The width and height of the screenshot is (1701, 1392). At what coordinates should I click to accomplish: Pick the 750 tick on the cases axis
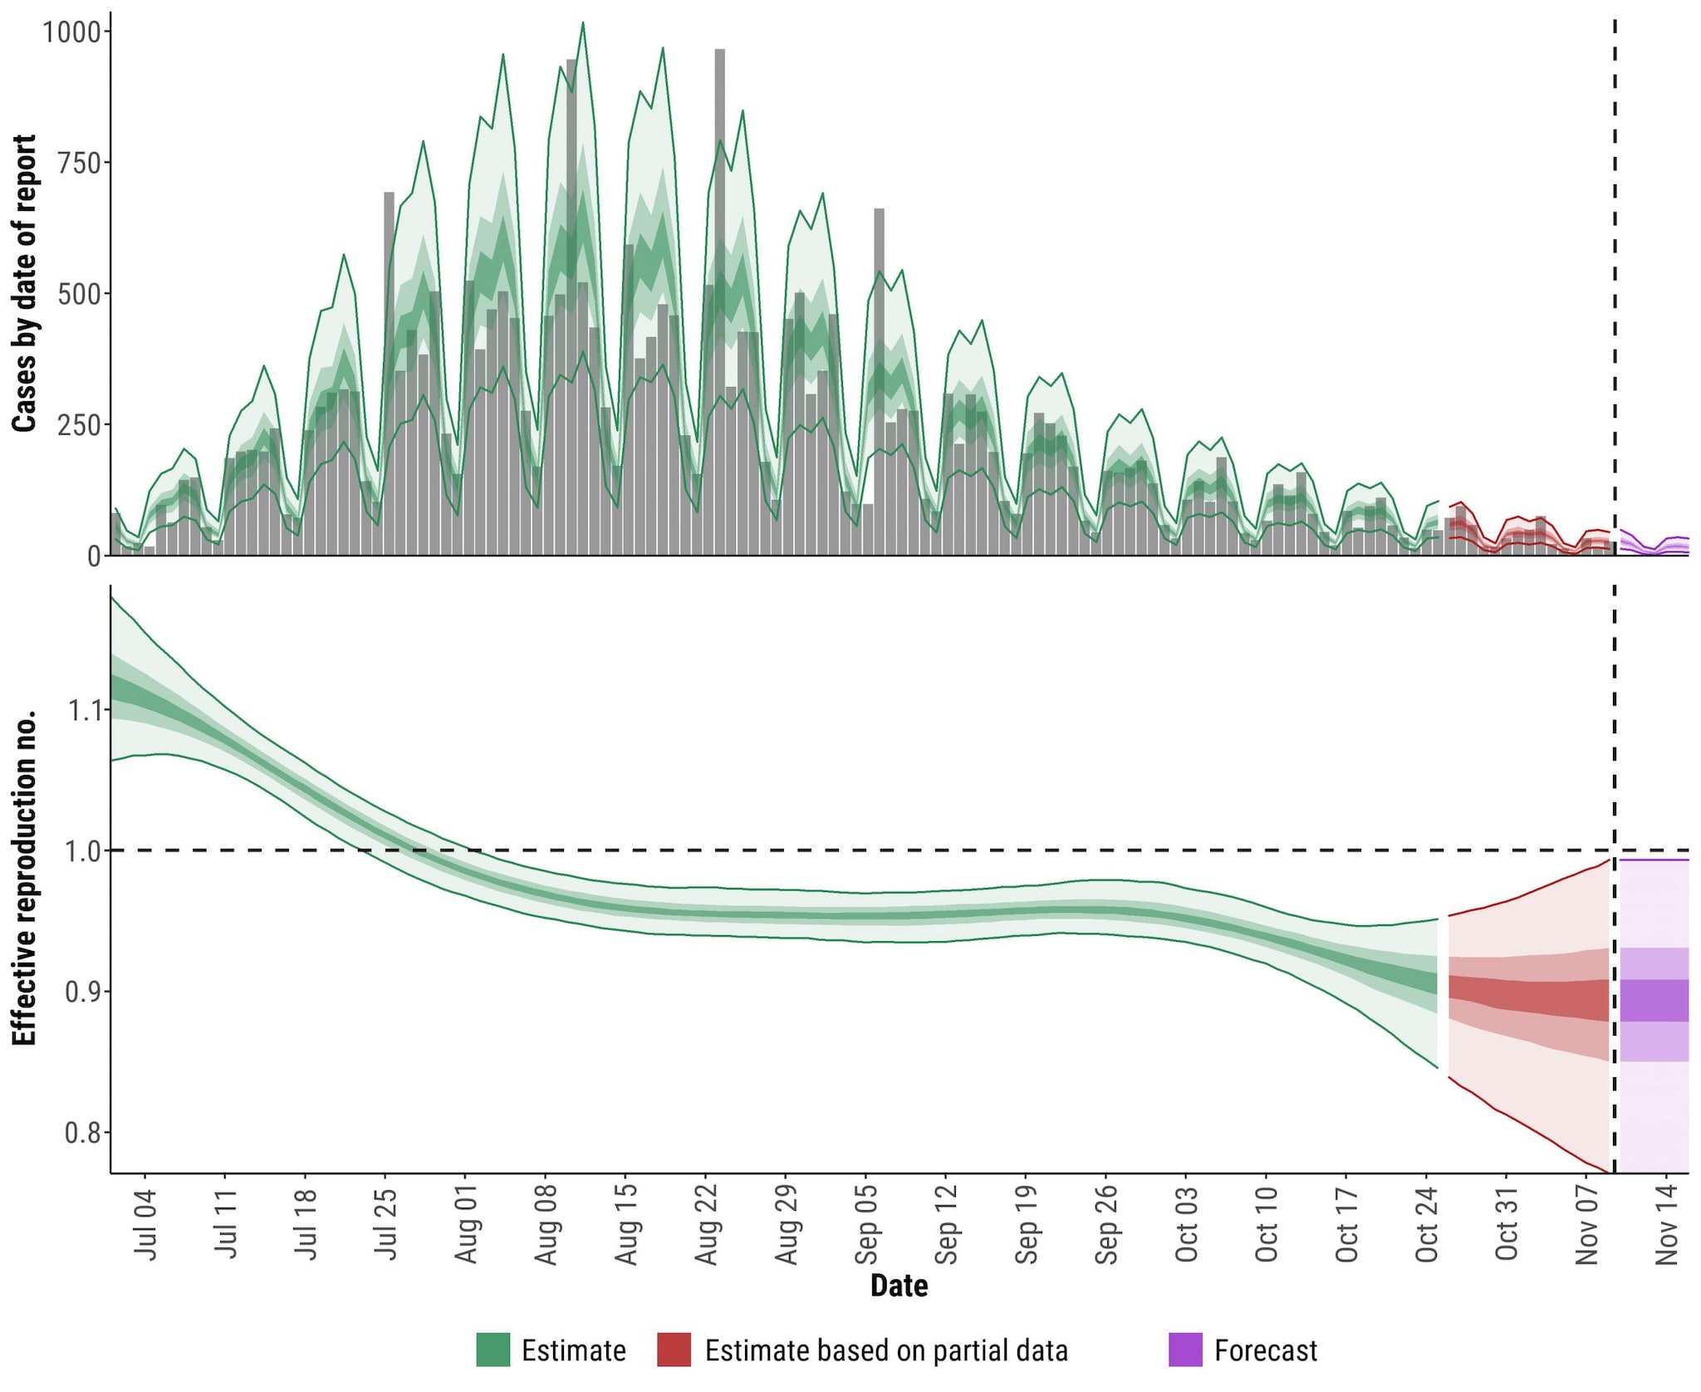pos(80,163)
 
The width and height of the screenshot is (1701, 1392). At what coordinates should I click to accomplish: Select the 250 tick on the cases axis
pos(80,425)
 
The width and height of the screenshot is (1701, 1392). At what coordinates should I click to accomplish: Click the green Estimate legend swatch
pos(493,1350)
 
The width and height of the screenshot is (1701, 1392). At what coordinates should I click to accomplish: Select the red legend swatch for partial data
pos(674,1350)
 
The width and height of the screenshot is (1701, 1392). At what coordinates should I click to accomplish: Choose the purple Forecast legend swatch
pos(1184,1350)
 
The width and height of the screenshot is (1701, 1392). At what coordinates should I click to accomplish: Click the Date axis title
pos(899,1286)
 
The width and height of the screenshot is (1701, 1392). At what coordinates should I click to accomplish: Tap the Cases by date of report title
pos(25,282)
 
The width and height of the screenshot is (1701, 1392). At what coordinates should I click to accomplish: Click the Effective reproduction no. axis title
pos(25,877)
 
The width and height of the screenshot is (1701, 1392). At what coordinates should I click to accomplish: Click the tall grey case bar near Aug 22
pos(719,249)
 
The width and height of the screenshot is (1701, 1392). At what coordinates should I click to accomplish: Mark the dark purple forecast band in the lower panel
pos(1654,1000)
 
